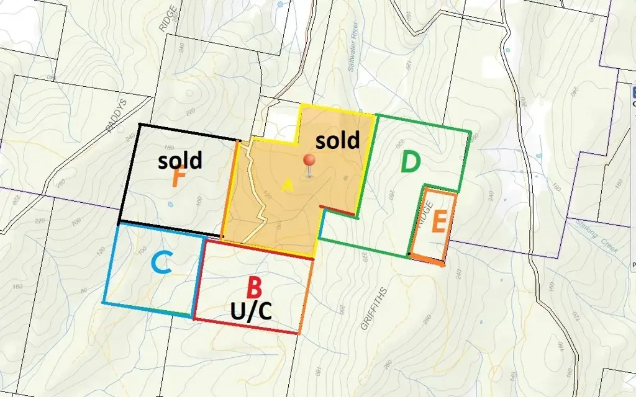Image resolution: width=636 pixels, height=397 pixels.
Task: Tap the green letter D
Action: [x=411, y=163]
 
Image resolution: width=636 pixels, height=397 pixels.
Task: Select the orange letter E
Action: [x=439, y=221]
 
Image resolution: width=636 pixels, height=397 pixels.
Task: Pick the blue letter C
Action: [x=161, y=265]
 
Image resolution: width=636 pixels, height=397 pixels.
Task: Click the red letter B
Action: [x=254, y=288]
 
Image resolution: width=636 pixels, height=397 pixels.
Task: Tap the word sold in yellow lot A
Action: [x=337, y=140]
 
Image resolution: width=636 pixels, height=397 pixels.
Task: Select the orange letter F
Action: [x=179, y=179]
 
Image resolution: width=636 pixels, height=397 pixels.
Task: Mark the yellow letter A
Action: [x=286, y=185]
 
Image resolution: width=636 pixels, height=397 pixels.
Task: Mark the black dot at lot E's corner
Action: [x=409, y=254]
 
